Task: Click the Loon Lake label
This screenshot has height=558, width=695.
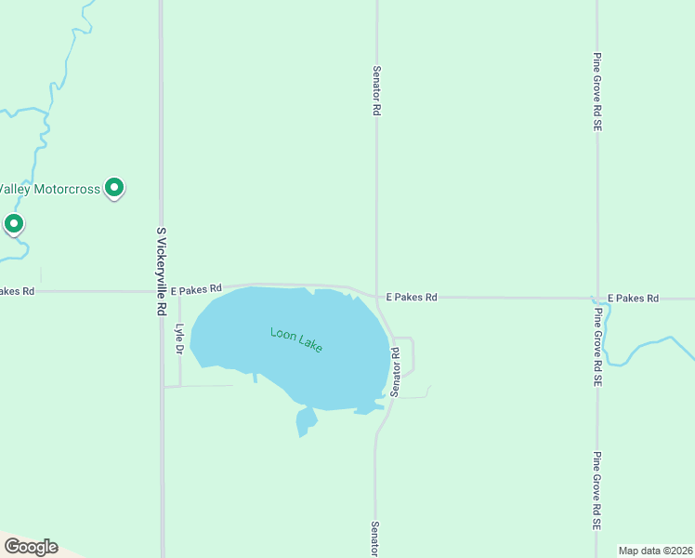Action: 296,339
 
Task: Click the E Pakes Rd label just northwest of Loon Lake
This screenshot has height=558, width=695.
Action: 196,289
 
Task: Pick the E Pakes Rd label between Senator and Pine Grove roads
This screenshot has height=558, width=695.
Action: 411,298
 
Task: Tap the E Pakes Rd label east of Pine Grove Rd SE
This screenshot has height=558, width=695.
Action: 633,299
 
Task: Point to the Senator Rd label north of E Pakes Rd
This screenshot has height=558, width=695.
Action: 376,90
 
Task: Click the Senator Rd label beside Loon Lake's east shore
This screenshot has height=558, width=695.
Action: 395,372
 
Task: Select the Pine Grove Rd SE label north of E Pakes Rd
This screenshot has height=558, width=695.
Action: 597,91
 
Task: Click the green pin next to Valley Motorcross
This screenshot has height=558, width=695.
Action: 114,188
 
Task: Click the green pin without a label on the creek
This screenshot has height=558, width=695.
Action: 13,224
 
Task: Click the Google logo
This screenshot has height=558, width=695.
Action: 31,547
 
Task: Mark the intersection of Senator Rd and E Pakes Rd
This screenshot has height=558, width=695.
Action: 376,297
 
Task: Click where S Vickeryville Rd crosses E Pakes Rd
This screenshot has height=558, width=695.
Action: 162,291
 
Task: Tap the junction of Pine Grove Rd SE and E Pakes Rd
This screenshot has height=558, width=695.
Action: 597,299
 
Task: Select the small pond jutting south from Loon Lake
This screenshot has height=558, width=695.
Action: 306,421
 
